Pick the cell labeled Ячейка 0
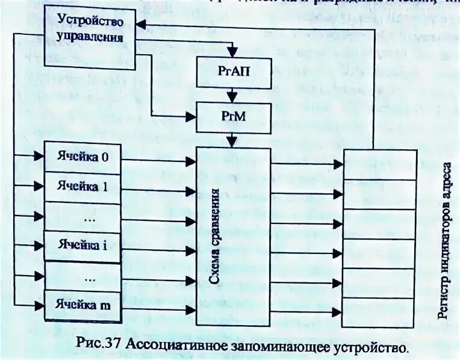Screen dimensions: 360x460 pyautogui.click(x=82, y=158)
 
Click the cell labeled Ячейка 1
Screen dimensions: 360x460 pyautogui.click(x=82, y=187)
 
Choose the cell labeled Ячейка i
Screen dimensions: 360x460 pyautogui.click(x=82, y=246)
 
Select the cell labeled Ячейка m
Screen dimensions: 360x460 pyautogui.click(x=82, y=305)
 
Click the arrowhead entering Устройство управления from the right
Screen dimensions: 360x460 pyautogui.click(x=140, y=24)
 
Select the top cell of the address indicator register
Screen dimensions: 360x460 pyautogui.click(x=379, y=164)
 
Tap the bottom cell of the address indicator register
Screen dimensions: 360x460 pyautogui.click(x=379, y=312)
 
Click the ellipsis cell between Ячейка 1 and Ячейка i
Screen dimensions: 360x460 pyautogui.click(x=82, y=216)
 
